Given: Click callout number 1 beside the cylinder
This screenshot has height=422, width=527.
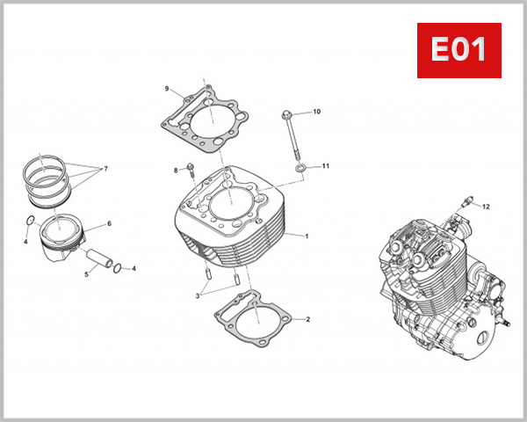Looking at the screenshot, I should [307, 236].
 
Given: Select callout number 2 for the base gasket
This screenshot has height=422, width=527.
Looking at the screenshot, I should [307, 318].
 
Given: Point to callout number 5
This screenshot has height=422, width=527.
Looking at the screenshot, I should [86, 274].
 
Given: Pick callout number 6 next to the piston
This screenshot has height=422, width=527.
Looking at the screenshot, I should [109, 223].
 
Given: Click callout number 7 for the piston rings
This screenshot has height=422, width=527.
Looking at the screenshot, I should [105, 167].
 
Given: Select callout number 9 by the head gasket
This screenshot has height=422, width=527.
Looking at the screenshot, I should [166, 89].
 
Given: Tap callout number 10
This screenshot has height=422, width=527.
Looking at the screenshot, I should [317, 112].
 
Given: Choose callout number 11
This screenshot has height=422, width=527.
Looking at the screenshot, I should [325, 165].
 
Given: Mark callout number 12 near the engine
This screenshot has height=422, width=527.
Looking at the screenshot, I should [486, 206].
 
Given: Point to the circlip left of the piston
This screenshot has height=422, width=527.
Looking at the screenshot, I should [31, 220].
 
